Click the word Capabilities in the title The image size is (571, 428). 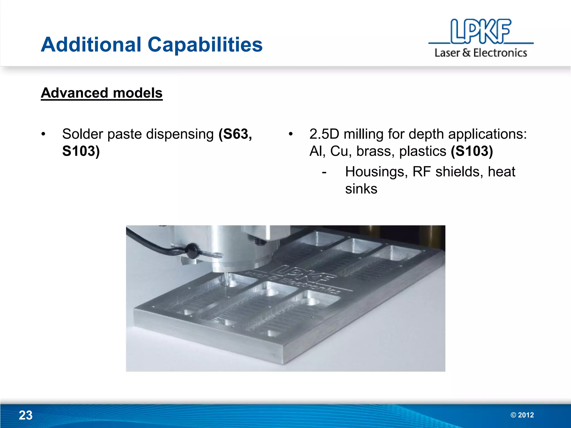click(x=205, y=45)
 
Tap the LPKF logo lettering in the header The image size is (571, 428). click(x=480, y=31)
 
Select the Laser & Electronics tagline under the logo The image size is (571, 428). click(x=481, y=53)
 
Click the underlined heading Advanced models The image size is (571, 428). click(x=101, y=93)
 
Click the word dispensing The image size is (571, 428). click(x=180, y=134)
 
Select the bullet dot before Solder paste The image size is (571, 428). click(x=43, y=134)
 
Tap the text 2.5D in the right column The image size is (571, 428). click(x=324, y=134)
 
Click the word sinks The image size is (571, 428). click(x=361, y=189)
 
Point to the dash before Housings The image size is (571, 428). click(x=324, y=172)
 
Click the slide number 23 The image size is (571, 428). click(x=26, y=415)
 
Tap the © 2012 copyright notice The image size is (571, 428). click(x=522, y=415)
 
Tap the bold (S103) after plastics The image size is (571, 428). click(x=472, y=151)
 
